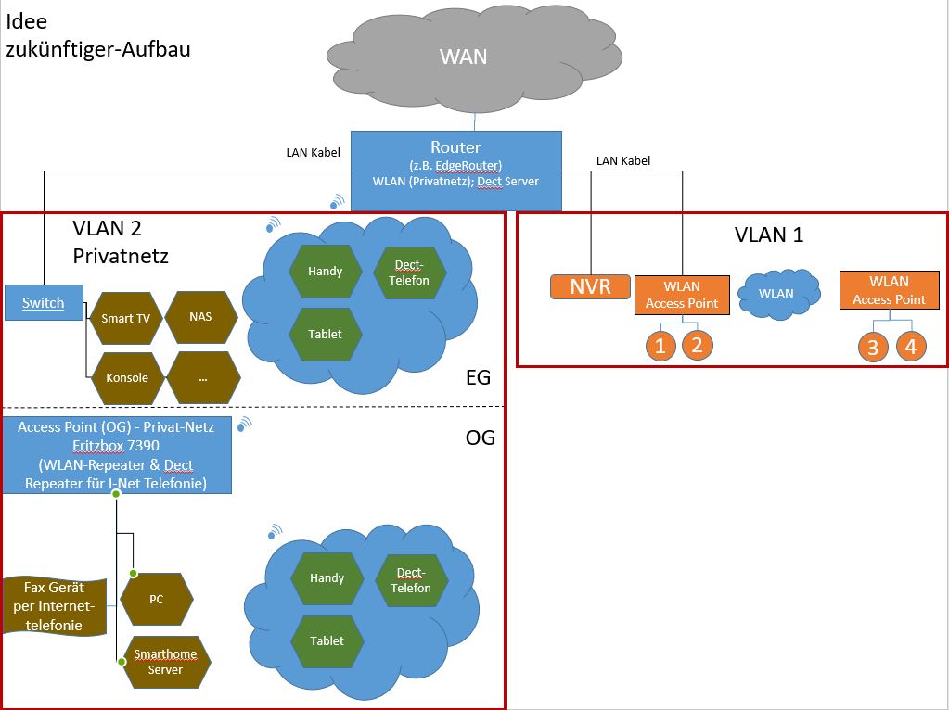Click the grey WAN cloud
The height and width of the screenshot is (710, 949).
click(x=463, y=57)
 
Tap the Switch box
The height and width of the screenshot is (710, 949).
click(x=44, y=303)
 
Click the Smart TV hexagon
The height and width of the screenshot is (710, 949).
click(x=125, y=318)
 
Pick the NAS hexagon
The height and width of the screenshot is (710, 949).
click(x=200, y=317)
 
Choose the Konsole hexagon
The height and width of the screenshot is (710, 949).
click(x=126, y=378)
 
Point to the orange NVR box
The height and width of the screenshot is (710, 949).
click(x=591, y=286)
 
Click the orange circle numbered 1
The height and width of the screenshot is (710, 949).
click(x=660, y=346)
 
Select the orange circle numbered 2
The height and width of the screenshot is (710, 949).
click(x=698, y=346)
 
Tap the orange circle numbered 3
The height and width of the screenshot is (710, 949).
click(x=873, y=348)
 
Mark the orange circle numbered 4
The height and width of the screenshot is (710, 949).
click(x=911, y=347)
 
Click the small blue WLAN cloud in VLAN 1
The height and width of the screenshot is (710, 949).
click(x=777, y=294)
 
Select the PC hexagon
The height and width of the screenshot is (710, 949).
click(x=157, y=600)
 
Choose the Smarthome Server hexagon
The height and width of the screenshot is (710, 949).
click(x=165, y=662)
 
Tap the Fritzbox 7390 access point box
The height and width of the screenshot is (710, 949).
click(x=116, y=455)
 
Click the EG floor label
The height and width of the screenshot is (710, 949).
click(x=478, y=377)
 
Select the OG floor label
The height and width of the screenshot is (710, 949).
click(x=480, y=437)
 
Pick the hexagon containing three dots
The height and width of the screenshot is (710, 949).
click(x=201, y=378)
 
